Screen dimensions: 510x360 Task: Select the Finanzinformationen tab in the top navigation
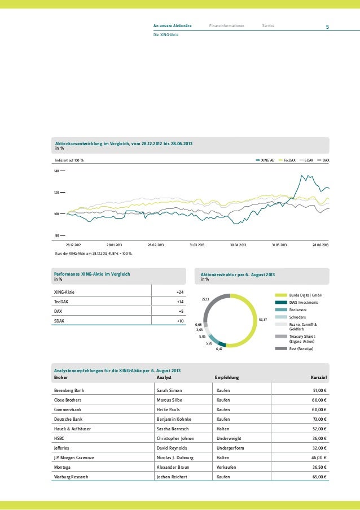226,26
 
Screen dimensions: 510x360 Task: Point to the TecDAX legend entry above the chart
289,160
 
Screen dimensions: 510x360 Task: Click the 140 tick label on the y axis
57,170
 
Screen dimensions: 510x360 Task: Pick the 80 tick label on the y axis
57,236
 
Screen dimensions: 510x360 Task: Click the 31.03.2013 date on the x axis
198,245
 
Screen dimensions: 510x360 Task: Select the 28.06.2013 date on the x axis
320,245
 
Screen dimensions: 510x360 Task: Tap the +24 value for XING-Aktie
180,292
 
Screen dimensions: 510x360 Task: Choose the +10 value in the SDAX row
180,321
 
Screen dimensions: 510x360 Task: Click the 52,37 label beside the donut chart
262,320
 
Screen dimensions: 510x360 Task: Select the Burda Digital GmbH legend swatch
281,295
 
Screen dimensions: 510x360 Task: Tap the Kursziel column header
319,377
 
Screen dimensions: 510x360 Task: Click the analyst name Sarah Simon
169,390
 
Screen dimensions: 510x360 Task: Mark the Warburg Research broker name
71,477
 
